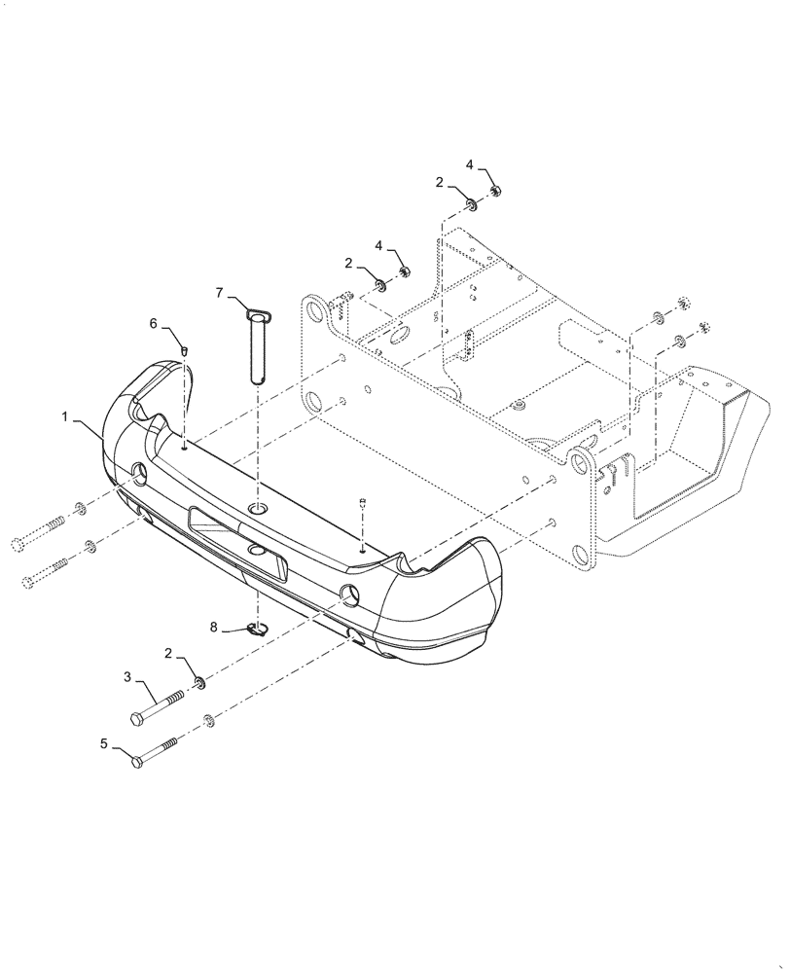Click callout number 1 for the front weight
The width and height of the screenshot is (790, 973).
65,416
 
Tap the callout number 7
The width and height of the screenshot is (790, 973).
220,291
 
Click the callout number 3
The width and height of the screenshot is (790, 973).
126,676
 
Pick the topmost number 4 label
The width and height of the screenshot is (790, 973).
470,165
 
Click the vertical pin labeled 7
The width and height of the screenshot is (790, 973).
261,345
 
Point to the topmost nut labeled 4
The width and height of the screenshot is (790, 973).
494,191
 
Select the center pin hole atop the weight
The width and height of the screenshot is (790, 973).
259,510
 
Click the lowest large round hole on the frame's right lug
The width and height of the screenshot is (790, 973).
584,558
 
